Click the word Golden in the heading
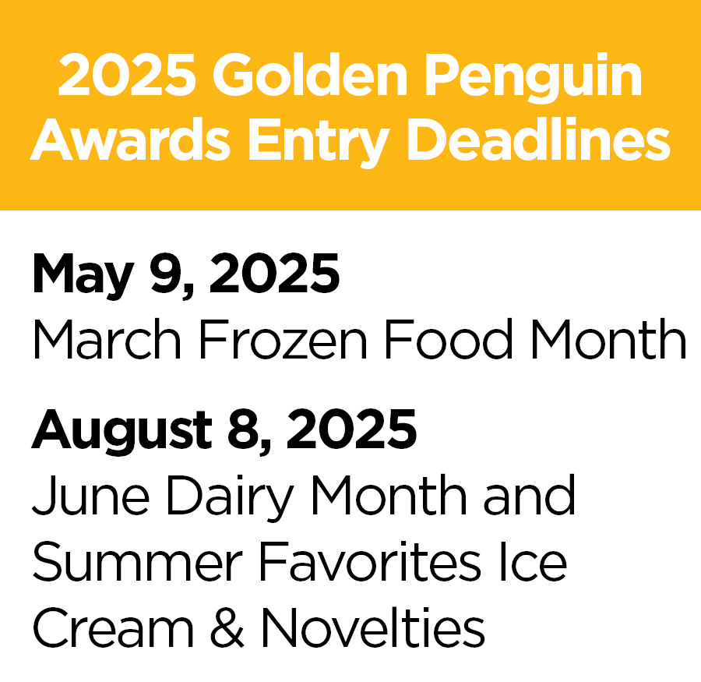[310, 74]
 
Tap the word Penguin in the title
[534, 78]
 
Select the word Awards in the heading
[130, 140]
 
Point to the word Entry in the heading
[319, 143]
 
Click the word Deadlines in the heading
[538, 140]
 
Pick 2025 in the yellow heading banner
[127, 74]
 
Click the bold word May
[83, 275]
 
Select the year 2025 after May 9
[274, 273]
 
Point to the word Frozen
[283, 339]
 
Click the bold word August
[122, 431]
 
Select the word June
[91, 496]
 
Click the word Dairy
[231, 498]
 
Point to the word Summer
[137, 562]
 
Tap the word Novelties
[373, 627]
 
